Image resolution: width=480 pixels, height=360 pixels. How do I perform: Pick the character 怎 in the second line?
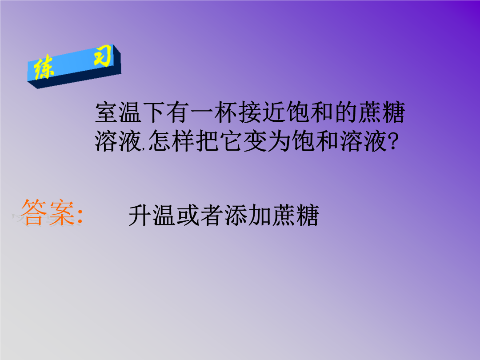point(160,141)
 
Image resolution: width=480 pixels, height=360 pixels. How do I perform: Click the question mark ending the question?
point(393,141)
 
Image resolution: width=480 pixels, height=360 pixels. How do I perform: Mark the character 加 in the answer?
point(259,216)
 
